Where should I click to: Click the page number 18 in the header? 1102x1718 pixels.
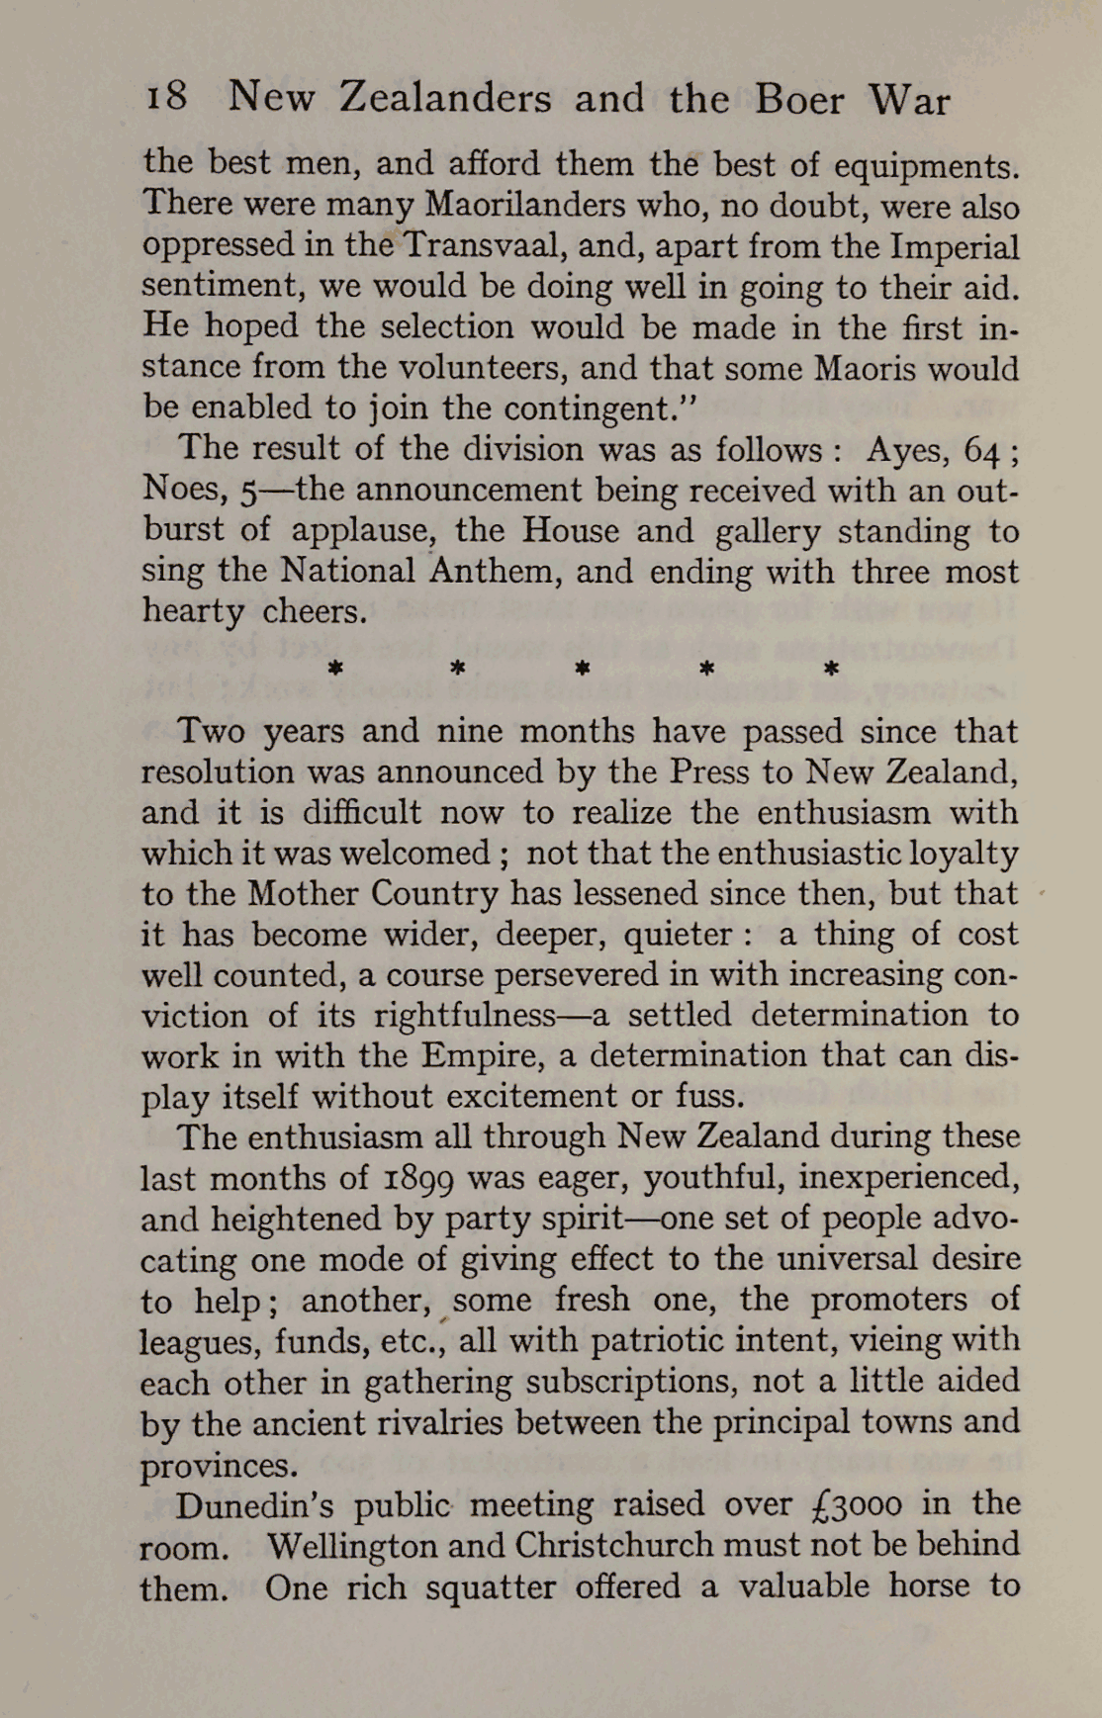166,97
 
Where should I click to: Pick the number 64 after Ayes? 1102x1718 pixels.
983,450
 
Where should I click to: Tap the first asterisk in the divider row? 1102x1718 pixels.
335,669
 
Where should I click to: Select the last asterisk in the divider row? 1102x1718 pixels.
831,669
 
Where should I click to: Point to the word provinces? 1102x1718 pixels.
219,1465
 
